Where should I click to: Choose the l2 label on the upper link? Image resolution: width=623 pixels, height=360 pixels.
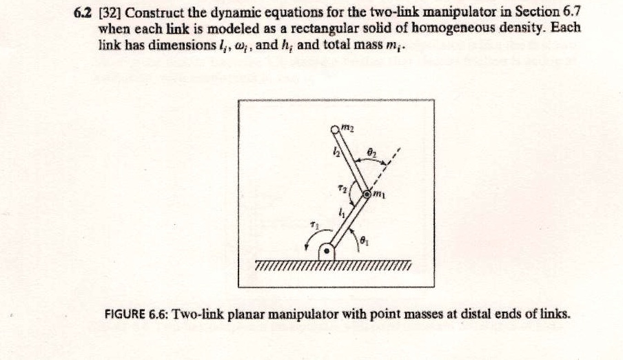pos(336,150)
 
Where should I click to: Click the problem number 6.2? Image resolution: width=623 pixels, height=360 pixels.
pos(82,13)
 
